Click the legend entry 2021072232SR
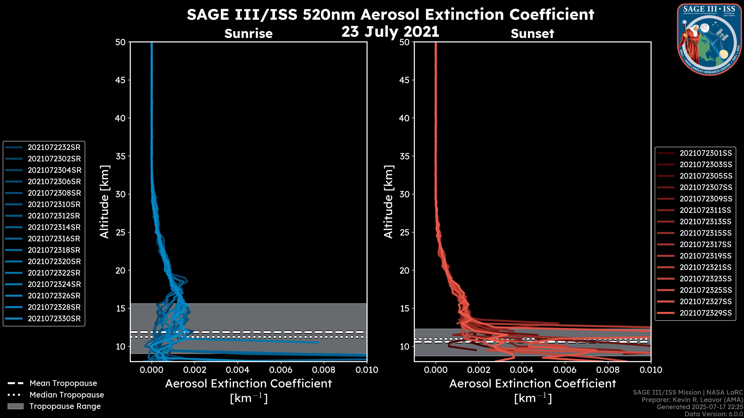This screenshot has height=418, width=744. pos(54,147)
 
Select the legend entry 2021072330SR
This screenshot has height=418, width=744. pos(54,319)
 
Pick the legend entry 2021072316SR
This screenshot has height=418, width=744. pos(54,239)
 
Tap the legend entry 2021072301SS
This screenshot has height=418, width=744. pos(706,153)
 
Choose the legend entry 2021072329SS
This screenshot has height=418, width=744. pos(706,313)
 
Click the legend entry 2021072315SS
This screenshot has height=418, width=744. pos(706,233)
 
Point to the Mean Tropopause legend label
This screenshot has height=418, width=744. pos(63,383)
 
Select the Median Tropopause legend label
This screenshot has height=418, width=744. pos(67,395)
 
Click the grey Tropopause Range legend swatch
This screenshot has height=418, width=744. pos(15,406)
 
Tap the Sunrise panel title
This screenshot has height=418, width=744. pos(248,33)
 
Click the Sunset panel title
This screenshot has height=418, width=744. pos(532,33)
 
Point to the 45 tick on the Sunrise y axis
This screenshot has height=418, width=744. pos(121,80)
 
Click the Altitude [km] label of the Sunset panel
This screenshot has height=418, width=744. pos(388,202)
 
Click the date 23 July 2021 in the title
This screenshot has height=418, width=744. pos(390,32)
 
